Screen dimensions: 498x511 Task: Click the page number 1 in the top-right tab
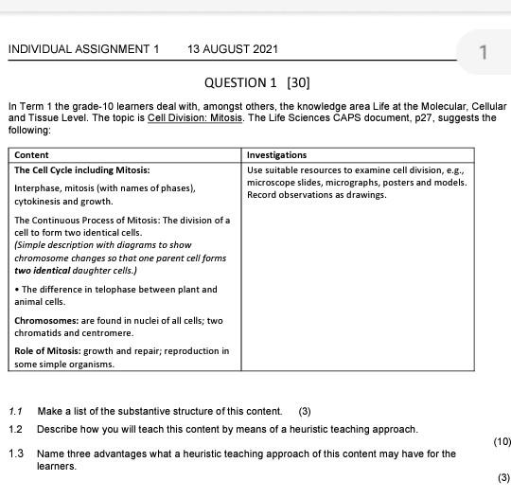coord(483,53)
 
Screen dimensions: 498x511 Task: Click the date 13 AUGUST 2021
coord(233,49)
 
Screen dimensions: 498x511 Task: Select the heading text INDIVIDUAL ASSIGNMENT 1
coord(84,49)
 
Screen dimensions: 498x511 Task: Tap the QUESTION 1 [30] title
coord(257,82)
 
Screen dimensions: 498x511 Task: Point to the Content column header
coord(32,155)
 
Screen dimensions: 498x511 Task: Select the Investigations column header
coord(277,155)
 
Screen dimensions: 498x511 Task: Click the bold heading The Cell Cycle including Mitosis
coord(82,170)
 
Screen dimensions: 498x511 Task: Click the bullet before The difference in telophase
coord(17,290)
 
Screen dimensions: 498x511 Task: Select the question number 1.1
coord(16,411)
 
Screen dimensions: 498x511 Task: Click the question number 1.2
coord(16,429)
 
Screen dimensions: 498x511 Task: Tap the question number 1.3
coord(16,454)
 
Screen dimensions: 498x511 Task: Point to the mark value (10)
coord(501,441)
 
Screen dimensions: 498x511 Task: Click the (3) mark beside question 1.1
coord(305,411)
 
